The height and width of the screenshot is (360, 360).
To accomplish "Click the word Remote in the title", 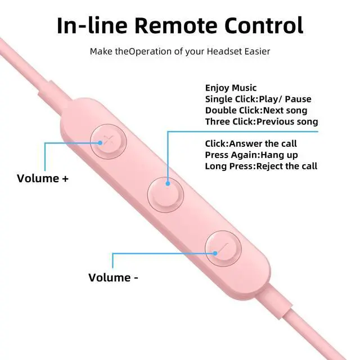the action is pos(175,25).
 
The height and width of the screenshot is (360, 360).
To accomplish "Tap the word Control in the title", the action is pos(264,25).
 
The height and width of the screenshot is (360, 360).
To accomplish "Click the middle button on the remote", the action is pos(165,195).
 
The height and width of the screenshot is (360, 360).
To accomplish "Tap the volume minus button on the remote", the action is pos(223,249).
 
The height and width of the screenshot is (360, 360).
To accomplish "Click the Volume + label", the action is pos(43,178).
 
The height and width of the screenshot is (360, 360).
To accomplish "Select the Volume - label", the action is pos(113,277).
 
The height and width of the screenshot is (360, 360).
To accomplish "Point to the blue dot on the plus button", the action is pos(100,143).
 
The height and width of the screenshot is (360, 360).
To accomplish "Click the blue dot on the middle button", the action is pos(168,183).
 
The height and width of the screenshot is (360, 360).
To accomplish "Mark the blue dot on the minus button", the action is pos(215,253).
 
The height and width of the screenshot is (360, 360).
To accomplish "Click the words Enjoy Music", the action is pos(231,88).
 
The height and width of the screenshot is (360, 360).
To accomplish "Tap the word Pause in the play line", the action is pos(298,99).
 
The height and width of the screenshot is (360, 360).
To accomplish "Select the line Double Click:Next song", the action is pos(256,110).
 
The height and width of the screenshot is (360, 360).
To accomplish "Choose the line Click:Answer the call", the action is pos(251,144).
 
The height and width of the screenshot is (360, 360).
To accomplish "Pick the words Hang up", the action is pos(279,155).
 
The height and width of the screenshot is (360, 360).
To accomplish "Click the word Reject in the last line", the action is pos(269,166).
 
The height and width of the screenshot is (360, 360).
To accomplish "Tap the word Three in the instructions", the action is pos(218,121).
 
